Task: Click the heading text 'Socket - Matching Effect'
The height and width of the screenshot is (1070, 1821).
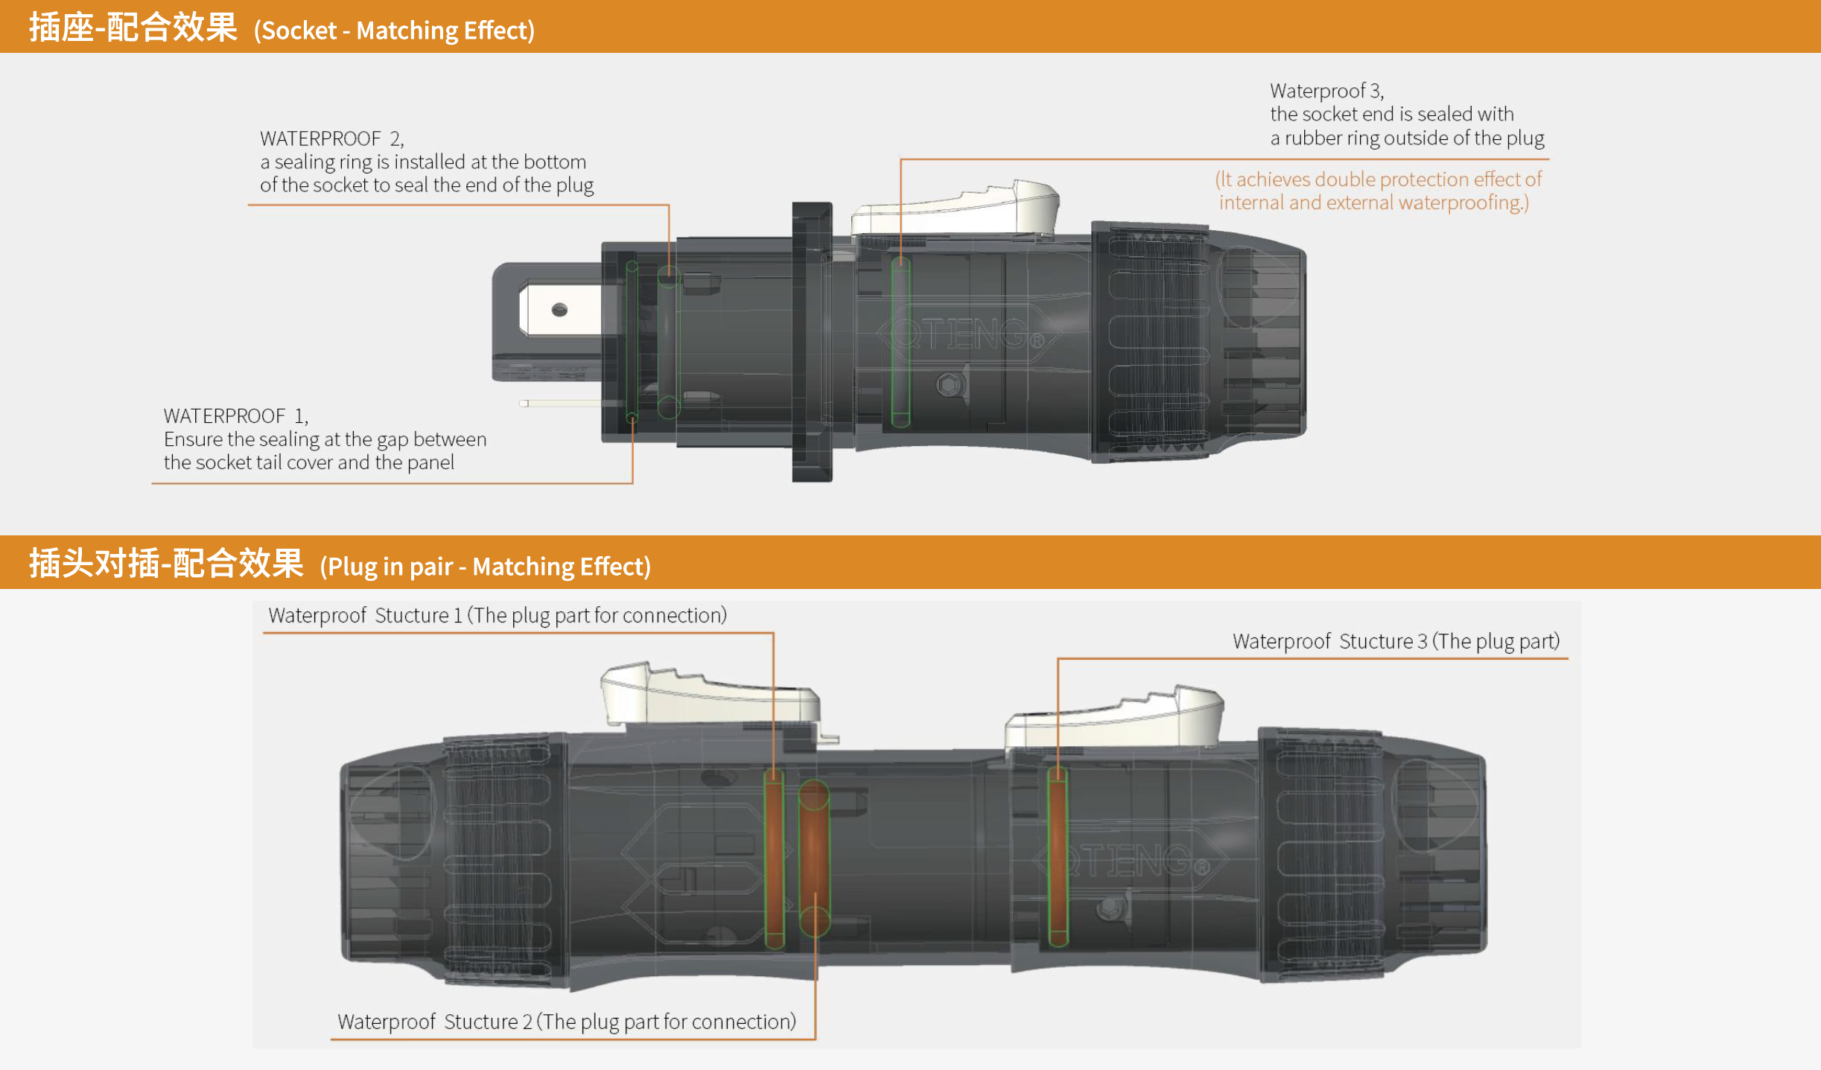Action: [x=395, y=31]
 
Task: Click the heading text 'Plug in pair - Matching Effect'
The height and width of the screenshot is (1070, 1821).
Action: [x=486, y=567]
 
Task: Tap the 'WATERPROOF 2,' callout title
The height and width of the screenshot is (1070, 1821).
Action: [x=332, y=138]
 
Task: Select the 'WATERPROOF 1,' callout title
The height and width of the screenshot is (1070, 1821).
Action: [x=236, y=415]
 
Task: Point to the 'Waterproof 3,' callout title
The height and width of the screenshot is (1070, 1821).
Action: [x=1327, y=91]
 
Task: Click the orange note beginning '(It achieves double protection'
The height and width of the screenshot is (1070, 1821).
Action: [x=1378, y=191]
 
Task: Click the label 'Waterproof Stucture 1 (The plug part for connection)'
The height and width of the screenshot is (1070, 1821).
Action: [x=498, y=615]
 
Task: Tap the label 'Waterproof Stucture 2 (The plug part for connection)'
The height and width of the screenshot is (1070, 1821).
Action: [x=567, y=1022]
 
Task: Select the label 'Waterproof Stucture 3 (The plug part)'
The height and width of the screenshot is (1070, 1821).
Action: [x=1396, y=641]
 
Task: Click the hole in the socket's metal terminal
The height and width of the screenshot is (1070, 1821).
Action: [x=559, y=310]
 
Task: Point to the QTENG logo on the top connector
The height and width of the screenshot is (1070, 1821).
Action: [x=968, y=334]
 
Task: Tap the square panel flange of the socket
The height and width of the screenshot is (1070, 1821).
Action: [x=812, y=342]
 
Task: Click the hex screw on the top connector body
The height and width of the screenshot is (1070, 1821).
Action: [x=949, y=385]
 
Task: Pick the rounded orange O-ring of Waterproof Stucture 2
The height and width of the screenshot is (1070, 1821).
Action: [x=814, y=858]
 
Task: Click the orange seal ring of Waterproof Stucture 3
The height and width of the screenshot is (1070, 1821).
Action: [x=1058, y=857]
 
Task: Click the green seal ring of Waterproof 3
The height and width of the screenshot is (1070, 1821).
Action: [x=900, y=343]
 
